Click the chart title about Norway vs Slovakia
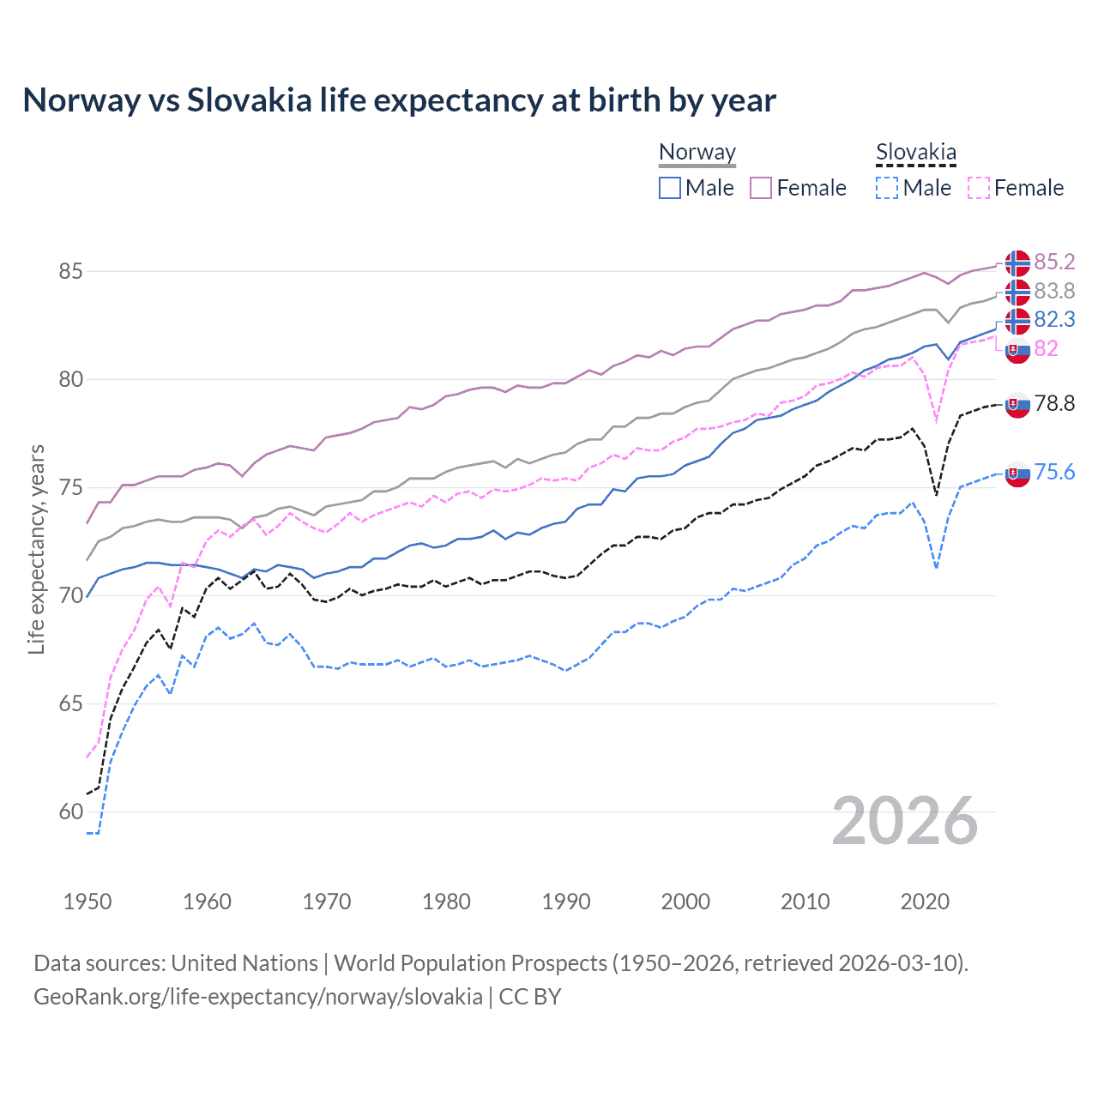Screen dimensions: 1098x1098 [399, 100]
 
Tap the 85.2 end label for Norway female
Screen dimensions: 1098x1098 [1054, 262]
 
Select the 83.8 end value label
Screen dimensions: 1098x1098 [1054, 291]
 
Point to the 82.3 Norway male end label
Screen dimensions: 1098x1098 [1054, 319]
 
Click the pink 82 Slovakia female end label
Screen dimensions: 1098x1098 [1046, 348]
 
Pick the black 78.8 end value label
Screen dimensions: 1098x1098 [1054, 403]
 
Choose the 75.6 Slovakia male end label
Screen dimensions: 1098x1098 [1054, 472]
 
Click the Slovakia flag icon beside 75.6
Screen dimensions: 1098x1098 [1017, 474]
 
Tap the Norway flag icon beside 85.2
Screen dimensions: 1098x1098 [1017, 262]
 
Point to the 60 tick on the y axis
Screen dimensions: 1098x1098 [70, 811]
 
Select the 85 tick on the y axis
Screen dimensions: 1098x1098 [70, 271]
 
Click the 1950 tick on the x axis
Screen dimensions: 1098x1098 [87, 902]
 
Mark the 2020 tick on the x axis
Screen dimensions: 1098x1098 [925, 902]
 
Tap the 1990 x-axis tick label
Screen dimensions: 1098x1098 [566, 902]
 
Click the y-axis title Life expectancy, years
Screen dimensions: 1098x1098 [36, 549]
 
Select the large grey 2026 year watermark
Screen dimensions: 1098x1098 [905, 821]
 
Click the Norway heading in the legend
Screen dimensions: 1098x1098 [697, 153]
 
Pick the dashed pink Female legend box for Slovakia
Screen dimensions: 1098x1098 [978, 188]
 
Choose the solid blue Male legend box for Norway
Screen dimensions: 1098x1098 [670, 188]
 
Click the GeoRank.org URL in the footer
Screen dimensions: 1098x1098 [257, 997]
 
